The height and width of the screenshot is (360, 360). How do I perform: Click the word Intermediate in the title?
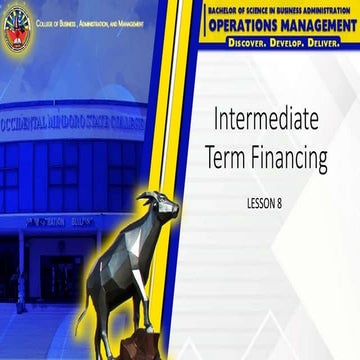266,120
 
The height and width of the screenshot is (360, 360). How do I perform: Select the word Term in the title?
228,157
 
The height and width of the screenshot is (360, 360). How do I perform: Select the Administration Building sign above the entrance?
61,222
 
